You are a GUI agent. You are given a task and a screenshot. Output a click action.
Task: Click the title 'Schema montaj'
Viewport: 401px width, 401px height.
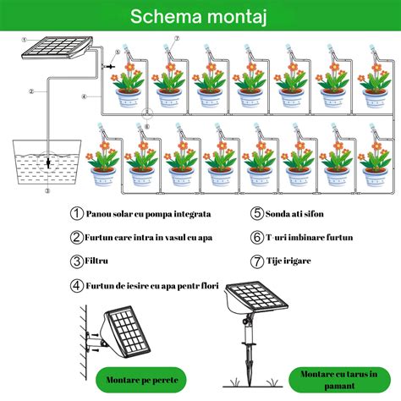click(x=198, y=16)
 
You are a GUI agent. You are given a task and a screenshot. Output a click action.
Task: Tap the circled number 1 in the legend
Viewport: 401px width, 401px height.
click(x=76, y=213)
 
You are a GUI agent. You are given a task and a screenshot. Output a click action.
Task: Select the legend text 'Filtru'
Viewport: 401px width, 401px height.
click(x=96, y=261)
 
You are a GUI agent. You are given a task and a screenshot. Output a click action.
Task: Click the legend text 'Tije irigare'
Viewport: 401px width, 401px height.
click(x=288, y=261)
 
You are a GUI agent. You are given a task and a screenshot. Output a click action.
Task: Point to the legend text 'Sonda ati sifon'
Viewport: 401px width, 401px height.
click(x=294, y=214)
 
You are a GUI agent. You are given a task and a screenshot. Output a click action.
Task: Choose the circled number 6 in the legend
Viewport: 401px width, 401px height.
click(x=257, y=237)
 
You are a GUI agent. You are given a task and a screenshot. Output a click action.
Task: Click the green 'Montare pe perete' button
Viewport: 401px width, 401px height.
click(x=142, y=380)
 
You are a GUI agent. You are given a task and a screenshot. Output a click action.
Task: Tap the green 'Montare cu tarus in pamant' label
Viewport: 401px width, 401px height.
click(x=339, y=380)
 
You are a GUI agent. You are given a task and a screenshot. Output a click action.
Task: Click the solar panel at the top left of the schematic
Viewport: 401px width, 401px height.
click(x=58, y=48)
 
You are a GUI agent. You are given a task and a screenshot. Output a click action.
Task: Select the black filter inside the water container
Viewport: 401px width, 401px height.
click(x=48, y=163)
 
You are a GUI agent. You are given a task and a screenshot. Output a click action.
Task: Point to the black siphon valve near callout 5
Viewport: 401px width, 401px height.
click(x=110, y=66)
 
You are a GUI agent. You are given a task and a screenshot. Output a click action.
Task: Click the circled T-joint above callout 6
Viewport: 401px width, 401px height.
click(x=147, y=113)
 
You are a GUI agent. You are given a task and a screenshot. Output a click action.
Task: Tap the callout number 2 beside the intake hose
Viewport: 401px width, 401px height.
click(x=31, y=91)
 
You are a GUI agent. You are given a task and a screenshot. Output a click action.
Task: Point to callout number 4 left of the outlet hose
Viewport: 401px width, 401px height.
click(x=84, y=96)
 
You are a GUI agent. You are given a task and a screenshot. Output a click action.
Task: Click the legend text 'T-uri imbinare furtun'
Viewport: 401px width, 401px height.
click(x=310, y=238)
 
